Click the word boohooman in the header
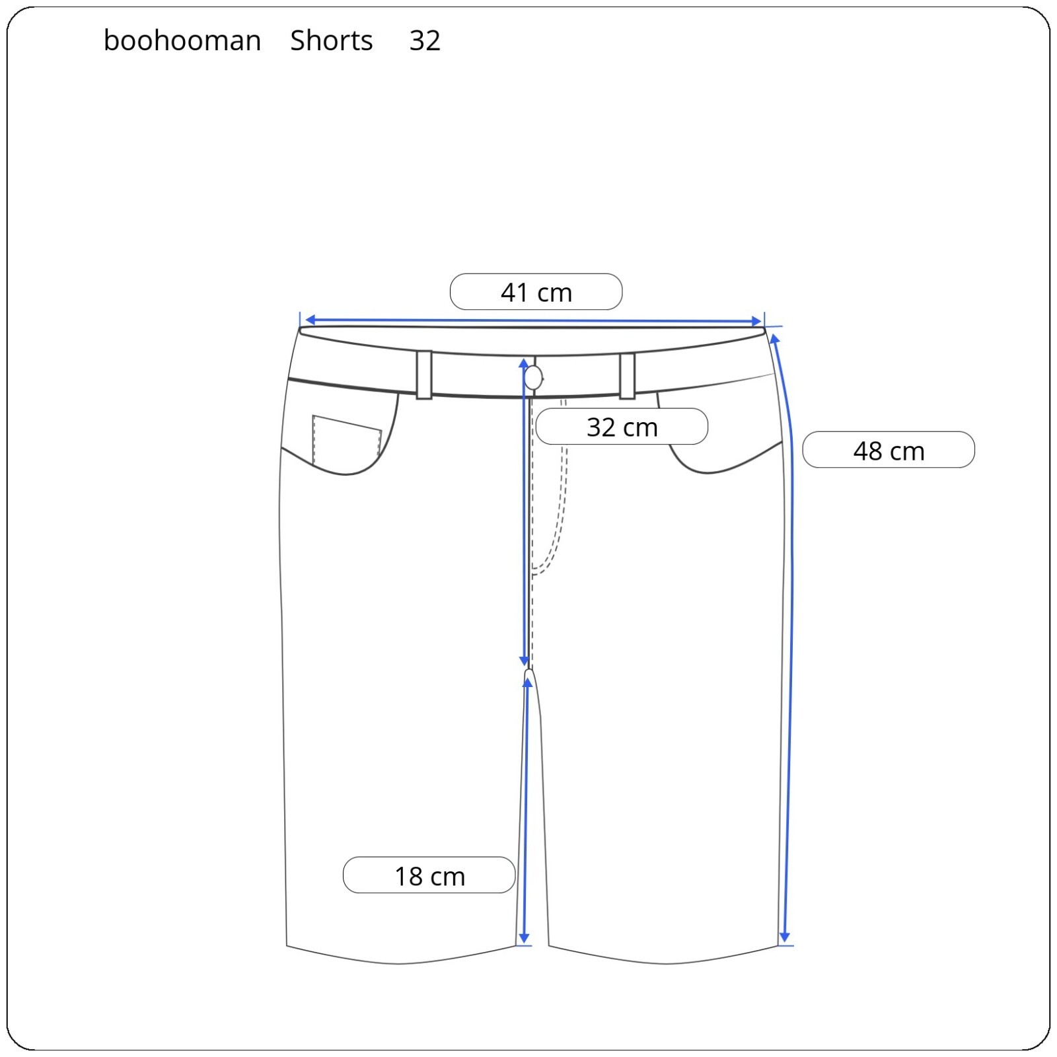182,41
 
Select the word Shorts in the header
332,41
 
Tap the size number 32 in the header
425,41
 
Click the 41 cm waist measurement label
536,292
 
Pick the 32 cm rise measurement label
622,427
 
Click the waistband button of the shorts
533,379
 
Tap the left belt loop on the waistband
424,375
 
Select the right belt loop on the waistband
627,376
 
